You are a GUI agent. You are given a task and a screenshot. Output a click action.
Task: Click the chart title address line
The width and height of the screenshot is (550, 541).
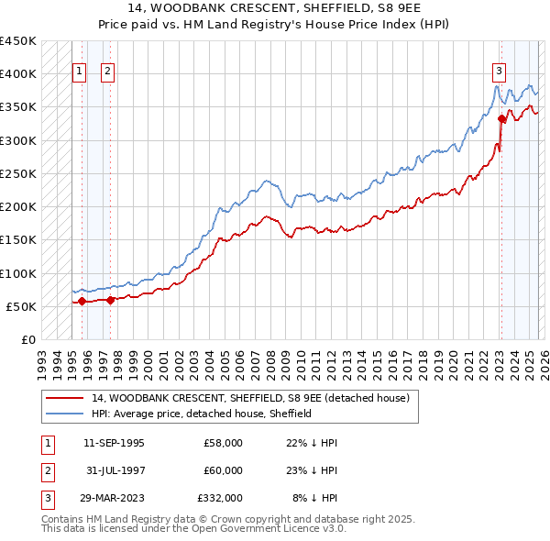pyautogui.click(x=275, y=8)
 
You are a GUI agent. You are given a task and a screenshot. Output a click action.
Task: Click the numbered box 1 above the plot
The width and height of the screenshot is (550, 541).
pyautogui.click(x=79, y=72)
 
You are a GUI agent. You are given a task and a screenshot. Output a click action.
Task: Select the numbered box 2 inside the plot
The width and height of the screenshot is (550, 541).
pyautogui.click(x=108, y=72)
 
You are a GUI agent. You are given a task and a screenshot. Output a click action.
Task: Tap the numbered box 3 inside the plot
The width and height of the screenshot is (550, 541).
pyautogui.click(x=500, y=72)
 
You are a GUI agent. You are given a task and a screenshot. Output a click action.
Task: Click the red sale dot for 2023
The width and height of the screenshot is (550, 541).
pyautogui.click(x=501, y=118)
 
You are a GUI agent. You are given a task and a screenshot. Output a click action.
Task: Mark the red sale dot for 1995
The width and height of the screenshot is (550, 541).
pyautogui.click(x=82, y=301)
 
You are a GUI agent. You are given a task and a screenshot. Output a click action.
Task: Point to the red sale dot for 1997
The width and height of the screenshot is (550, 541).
pyautogui.click(x=111, y=299)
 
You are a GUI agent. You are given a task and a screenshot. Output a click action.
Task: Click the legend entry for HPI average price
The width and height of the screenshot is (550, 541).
pyautogui.click(x=202, y=414)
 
